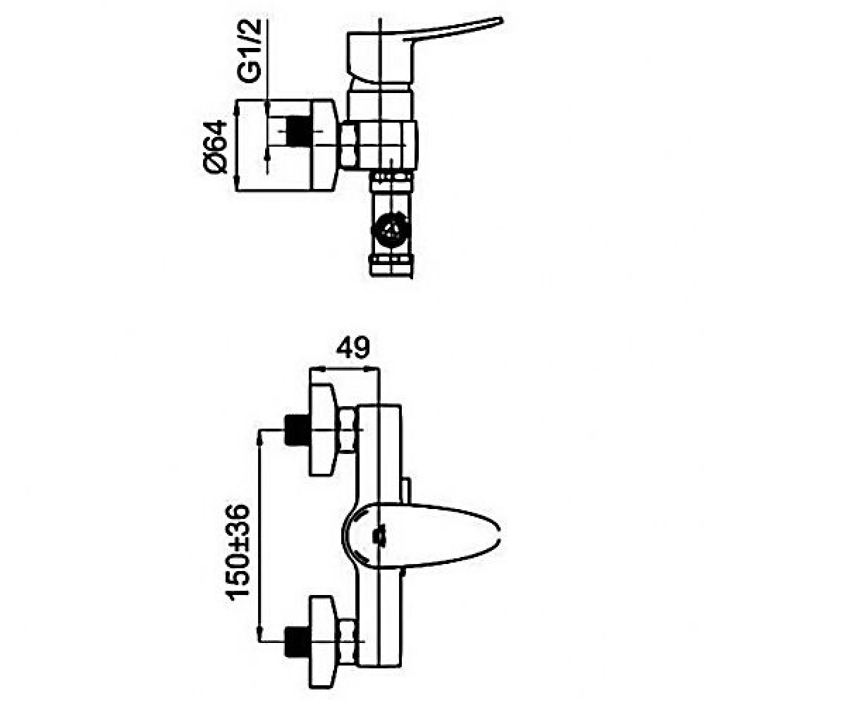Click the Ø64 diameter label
(215, 147)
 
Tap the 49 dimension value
(353, 347)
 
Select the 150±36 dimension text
(238, 552)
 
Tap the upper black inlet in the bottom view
(297, 430)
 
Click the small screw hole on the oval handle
(379, 537)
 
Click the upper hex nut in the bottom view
(348, 430)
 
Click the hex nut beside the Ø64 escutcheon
(349, 145)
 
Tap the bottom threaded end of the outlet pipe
(391, 266)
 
